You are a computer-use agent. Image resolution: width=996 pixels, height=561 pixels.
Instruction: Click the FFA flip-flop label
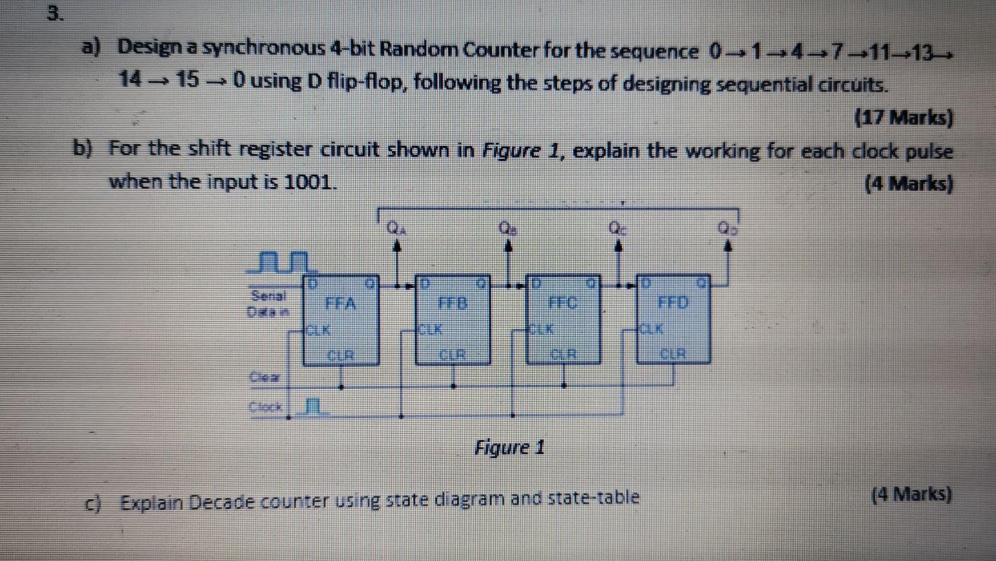tap(340, 303)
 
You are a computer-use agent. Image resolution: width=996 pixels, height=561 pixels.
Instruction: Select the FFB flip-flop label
tap(452, 302)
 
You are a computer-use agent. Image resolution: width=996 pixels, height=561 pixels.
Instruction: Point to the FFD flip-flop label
tap(673, 302)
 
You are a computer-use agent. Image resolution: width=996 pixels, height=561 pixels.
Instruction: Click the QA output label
tap(395, 229)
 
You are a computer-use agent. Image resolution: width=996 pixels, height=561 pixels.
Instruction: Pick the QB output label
tap(507, 228)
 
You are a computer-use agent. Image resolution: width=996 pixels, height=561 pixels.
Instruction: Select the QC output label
tap(617, 228)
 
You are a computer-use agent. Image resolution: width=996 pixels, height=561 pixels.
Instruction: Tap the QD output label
tap(728, 229)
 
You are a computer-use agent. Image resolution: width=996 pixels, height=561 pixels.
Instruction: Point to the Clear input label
tap(265, 377)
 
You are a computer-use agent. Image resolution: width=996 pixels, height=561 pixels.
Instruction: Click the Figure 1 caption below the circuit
tap(509, 447)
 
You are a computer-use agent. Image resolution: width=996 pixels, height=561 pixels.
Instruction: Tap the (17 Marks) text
tap(903, 118)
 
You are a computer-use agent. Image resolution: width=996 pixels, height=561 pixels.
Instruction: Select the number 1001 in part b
tap(308, 182)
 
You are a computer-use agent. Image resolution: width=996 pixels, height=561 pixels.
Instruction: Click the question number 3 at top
tap(54, 14)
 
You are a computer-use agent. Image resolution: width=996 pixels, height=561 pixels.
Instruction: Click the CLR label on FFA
tap(340, 355)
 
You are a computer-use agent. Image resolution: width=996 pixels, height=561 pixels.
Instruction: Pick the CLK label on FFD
tap(652, 329)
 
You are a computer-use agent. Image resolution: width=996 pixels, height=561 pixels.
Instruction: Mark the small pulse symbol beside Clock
tap(312, 406)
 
